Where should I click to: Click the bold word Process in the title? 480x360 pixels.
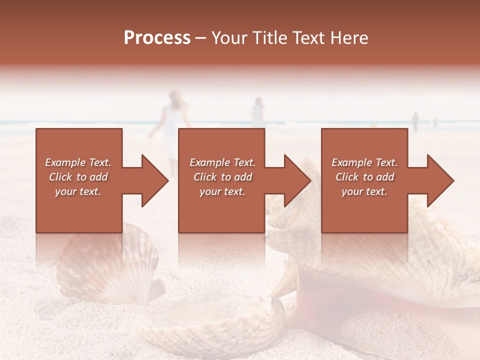[157, 38]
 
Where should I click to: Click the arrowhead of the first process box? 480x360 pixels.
[155, 180]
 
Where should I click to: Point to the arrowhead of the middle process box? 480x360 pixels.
[298, 180]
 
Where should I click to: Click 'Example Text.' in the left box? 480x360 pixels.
[78, 162]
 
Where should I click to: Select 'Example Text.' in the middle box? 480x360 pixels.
[222, 162]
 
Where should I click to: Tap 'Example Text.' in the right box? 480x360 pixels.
[364, 162]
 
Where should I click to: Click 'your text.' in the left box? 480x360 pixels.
[78, 191]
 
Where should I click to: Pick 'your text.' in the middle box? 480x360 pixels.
[222, 191]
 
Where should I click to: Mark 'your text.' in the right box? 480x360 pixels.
[364, 191]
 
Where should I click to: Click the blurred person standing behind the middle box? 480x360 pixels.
[257, 112]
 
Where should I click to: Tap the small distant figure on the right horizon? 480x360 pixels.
[414, 121]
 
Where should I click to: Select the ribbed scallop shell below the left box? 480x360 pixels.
[107, 265]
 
